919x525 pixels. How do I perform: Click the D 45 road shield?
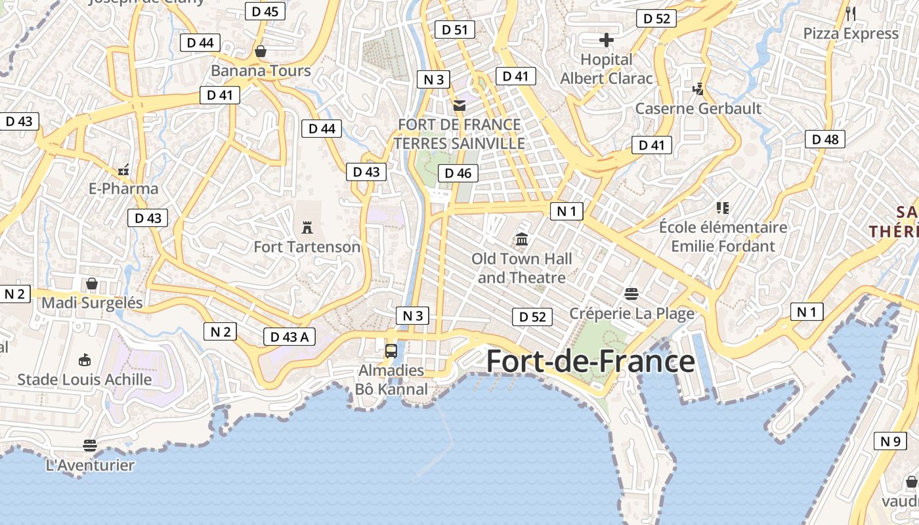coord(265,11)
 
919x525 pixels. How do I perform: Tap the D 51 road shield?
coord(454,30)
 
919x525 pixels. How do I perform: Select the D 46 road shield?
coord(458,173)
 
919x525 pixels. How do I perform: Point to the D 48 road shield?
coord(825,139)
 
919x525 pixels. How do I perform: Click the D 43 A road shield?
coord(289,337)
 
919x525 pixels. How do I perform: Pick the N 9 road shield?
coord(890,441)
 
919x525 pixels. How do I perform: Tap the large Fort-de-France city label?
coord(589,362)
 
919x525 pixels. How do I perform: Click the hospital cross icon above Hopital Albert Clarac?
coord(607,41)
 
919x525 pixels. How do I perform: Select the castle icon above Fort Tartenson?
coord(307,228)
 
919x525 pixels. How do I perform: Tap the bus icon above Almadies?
coord(391,350)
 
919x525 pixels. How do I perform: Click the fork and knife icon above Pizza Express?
coord(851,13)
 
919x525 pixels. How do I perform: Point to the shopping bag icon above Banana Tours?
coord(261,51)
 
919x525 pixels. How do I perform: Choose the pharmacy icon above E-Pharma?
coord(123,170)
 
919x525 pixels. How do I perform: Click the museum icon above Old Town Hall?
coord(522,240)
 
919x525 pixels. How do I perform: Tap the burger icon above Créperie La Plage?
coord(631,293)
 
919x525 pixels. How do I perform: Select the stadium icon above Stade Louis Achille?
coord(84,360)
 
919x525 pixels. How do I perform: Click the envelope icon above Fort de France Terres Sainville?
coord(459,105)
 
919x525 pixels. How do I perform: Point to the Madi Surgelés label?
coord(92,303)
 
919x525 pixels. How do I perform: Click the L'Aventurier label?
coord(90,465)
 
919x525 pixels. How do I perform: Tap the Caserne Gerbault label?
coord(698,108)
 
